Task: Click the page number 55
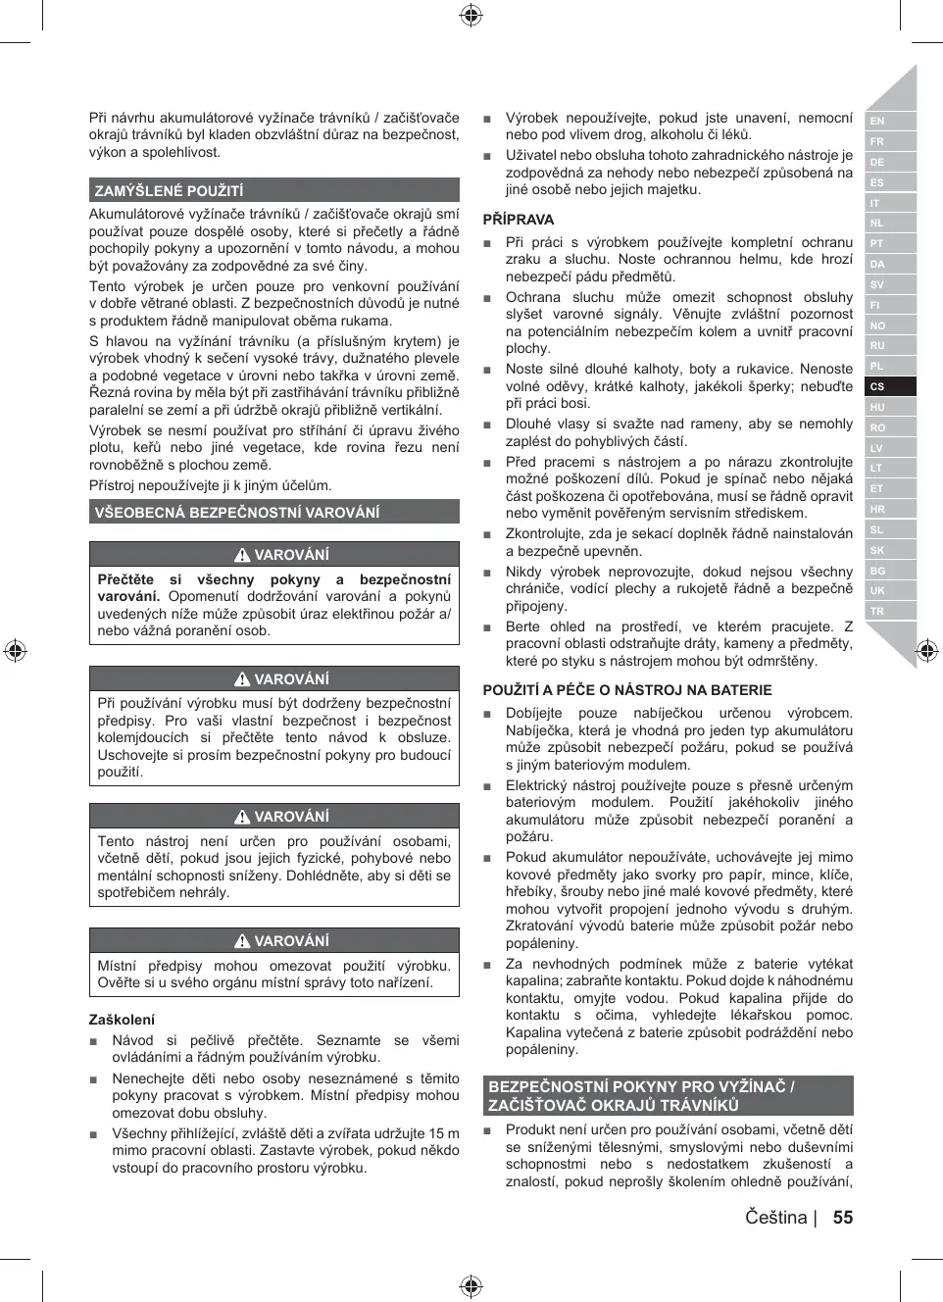pos(843,1218)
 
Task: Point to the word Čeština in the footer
pos(775,1218)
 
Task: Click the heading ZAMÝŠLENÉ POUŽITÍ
pos(169,191)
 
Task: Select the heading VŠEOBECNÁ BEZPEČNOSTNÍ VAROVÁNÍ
pos(237,512)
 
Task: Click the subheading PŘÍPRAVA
pos(519,220)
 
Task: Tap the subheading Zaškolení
pos(122,1020)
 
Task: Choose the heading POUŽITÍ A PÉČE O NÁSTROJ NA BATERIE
pos(627,690)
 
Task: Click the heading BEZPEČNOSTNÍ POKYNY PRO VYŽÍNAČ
pos(641,1086)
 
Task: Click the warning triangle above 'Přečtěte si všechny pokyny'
pos(242,555)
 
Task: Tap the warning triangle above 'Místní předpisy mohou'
pos(242,941)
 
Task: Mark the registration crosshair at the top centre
pos(471,15)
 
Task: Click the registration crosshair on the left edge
pos(15,650)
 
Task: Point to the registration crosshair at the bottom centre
pos(471,1286)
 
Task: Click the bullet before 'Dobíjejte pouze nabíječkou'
pos(487,715)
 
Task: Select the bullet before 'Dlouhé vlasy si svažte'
pos(487,426)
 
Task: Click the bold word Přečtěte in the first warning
pos(125,579)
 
